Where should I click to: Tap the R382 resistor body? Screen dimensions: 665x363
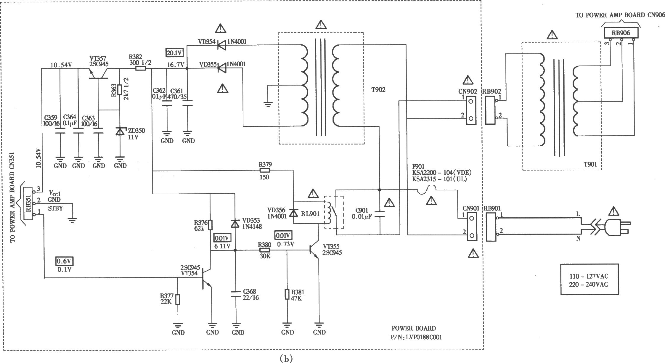pos(141,69)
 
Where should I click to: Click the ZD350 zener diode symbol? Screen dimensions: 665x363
pos(120,131)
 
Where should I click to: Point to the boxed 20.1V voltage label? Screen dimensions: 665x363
pos(175,53)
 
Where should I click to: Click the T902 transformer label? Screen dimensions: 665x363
pos(378,89)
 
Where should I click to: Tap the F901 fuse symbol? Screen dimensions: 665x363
pos(428,190)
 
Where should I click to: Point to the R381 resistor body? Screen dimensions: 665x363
pos(287,294)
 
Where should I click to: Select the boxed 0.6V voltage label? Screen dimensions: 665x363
pos(64,261)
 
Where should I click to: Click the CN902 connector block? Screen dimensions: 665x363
pos(471,110)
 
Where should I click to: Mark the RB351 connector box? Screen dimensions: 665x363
pos(29,203)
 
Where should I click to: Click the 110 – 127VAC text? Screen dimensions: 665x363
pos(589,276)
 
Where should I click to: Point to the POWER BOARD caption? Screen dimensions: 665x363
pos(414,328)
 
